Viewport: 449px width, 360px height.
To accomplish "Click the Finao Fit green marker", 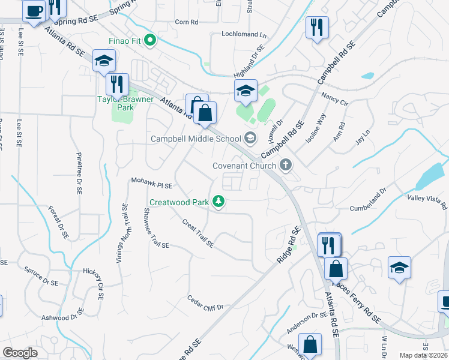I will (151, 41).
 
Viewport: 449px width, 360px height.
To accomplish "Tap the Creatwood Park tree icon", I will (220, 202).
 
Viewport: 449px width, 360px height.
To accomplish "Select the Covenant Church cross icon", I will (286, 165).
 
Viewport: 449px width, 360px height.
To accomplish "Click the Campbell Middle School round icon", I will (250, 139).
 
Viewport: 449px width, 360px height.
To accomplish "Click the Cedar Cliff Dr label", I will (205, 302).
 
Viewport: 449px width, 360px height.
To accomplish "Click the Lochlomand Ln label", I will (244, 34).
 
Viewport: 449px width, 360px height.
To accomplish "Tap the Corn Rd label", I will (186, 22).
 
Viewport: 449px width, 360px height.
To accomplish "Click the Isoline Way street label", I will (316, 127).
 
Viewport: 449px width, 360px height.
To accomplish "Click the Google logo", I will (20, 353).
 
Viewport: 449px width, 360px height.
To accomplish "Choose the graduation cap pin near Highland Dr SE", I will (246, 91).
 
